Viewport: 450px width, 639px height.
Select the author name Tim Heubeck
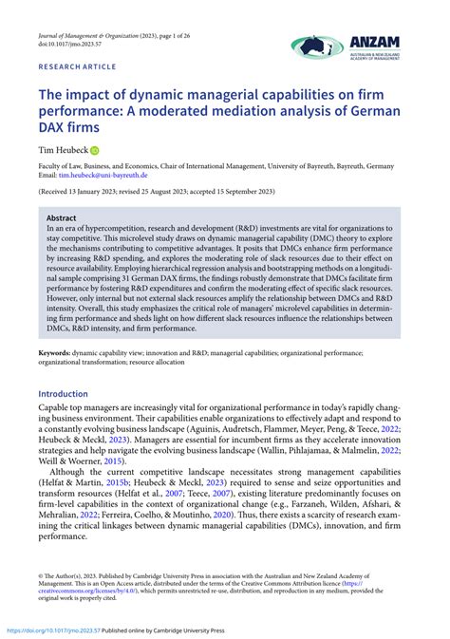(x=62, y=150)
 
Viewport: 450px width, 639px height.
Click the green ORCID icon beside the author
(x=94, y=150)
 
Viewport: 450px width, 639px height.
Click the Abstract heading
(x=62, y=217)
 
